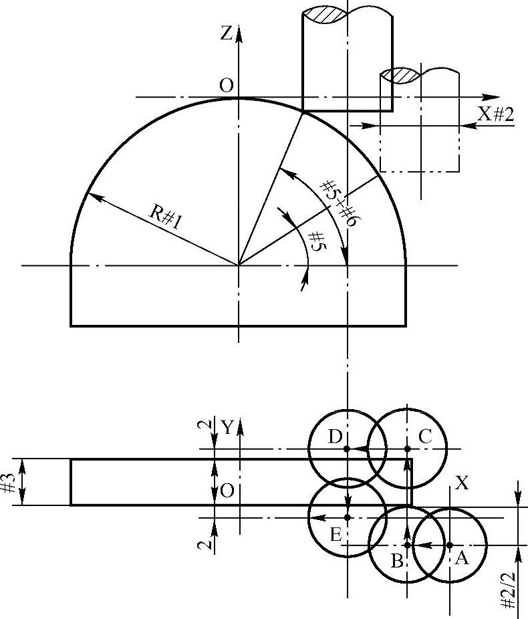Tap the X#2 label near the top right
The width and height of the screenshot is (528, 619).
[496, 115]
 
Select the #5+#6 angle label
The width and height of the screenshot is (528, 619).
[338, 203]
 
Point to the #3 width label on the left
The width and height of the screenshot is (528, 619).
[10, 482]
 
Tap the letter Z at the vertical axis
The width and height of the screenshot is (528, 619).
[226, 34]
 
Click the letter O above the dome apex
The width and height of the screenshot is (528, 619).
[227, 86]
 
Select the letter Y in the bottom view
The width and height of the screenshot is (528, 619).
[227, 427]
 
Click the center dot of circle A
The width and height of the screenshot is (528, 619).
[450, 545]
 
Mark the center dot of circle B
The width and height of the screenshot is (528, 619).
[407, 545]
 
